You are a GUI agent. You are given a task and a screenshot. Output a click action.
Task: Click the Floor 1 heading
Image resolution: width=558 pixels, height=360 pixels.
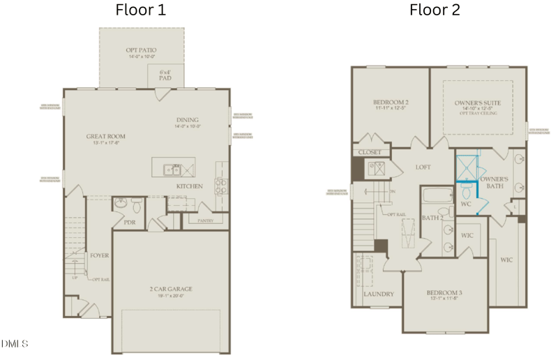click(142, 10)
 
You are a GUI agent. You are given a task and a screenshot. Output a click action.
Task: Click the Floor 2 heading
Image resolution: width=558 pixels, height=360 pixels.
click(435, 10)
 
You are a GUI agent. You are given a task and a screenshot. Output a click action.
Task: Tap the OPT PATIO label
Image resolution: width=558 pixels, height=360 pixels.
click(142, 50)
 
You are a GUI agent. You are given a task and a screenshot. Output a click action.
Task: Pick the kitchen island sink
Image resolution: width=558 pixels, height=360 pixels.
click(171, 169)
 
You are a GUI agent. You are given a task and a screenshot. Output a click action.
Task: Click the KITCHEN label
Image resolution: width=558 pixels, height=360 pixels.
click(189, 186)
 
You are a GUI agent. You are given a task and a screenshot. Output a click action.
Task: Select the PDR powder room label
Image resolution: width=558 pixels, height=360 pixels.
click(129, 223)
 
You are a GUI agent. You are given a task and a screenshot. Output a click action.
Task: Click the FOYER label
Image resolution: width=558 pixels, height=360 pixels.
click(99, 255)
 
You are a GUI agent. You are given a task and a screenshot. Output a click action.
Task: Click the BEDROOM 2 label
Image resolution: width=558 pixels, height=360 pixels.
click(391, 103)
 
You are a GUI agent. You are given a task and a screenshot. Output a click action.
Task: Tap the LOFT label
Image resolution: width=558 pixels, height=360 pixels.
click(423, 167)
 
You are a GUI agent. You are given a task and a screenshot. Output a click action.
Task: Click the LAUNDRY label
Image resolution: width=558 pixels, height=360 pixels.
click(379, 294)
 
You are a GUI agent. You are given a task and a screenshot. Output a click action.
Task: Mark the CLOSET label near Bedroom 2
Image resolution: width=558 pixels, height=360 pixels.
click(369, 152)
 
